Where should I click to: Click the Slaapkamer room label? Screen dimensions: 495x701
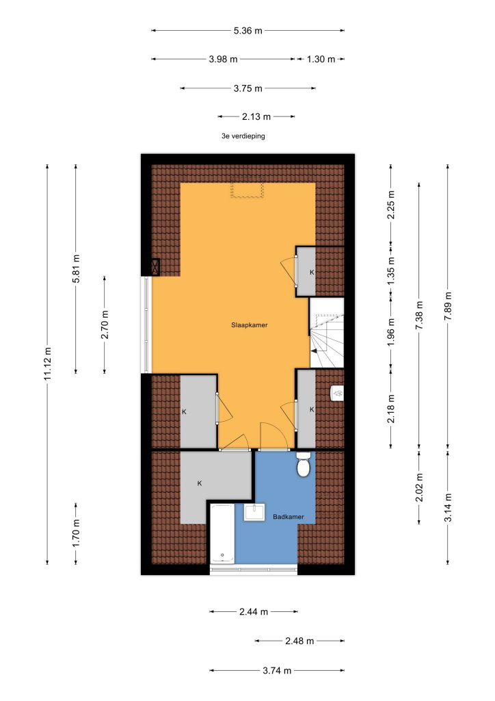[249, 325]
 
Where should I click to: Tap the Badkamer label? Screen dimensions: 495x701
[289, 517]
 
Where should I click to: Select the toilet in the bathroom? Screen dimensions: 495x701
[304, 464]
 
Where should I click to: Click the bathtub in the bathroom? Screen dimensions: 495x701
[222, 533]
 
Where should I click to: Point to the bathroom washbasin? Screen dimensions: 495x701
[254, 512]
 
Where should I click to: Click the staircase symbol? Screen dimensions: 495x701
[327, 333]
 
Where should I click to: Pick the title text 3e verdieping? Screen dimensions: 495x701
[243, 136]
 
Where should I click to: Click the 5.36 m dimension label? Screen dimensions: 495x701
[247, 31]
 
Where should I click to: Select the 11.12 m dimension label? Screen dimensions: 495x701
[47, 364]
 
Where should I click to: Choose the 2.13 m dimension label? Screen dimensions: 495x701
[256, 116]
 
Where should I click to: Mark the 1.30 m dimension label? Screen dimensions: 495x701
[321, 59]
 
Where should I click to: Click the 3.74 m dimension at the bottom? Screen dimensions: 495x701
[277, 671]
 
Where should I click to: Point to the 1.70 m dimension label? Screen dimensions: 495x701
[76, 533]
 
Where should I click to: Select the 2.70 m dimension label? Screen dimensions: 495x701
[105, 324]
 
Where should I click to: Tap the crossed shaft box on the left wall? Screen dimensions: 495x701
[155, 267]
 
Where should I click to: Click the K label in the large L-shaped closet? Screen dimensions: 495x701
[200, 483]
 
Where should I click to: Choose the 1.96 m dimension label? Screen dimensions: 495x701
[391, 332]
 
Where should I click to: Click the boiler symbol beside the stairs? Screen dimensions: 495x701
[337, 393]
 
